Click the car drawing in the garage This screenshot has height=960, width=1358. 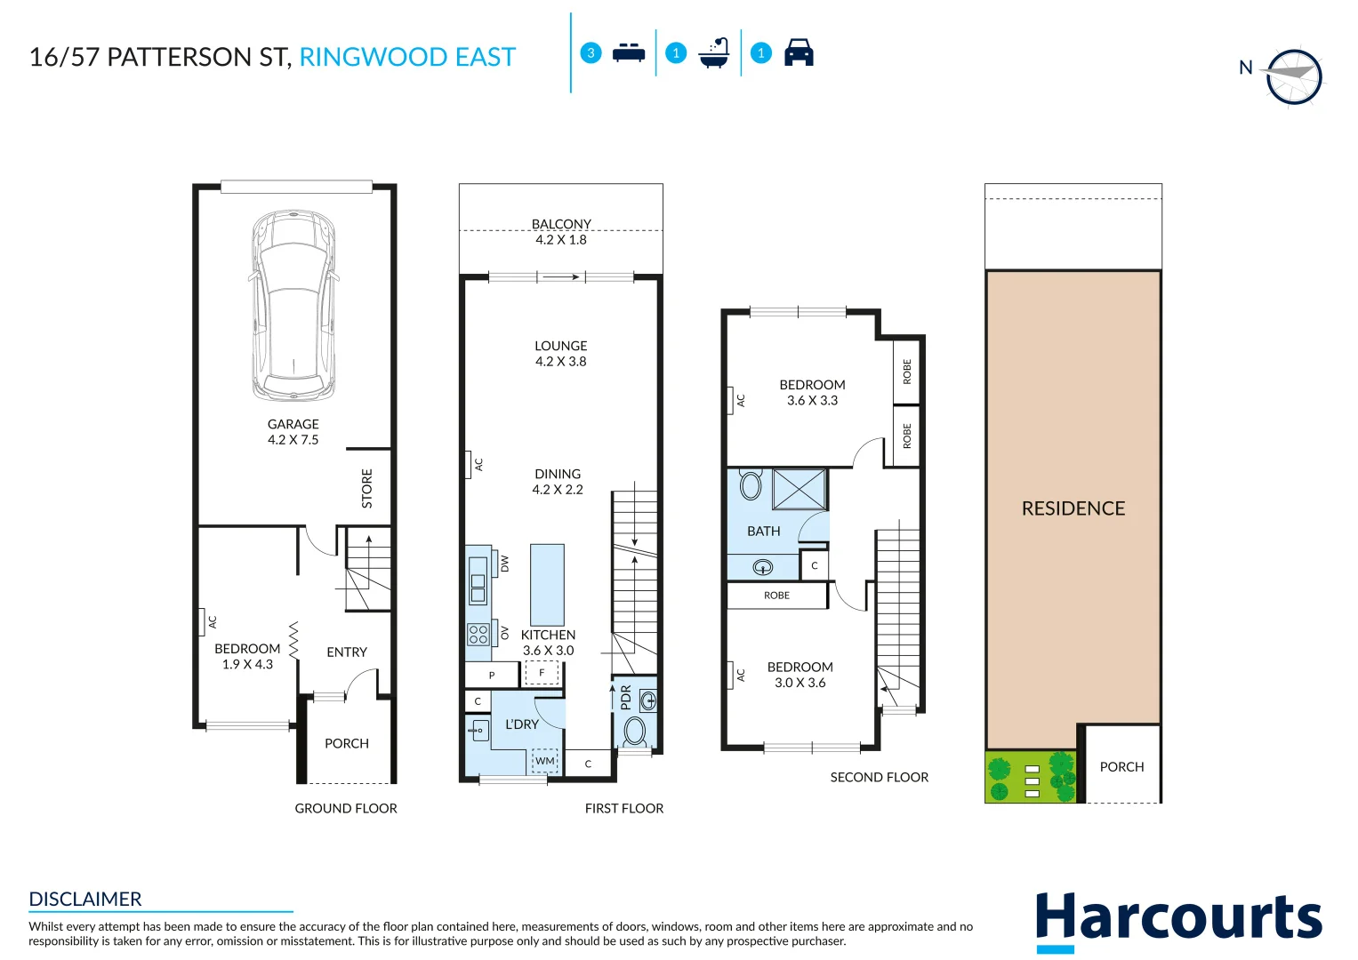coord(293,305)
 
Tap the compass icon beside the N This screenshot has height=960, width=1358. coord(1294,76)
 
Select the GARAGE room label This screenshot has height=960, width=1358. coord(293,425)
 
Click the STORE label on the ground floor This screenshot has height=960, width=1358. coord(367,489)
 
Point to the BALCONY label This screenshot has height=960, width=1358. coord(561,224)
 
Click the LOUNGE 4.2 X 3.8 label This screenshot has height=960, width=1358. coord(560,353)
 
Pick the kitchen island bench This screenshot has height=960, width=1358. coord(547,585)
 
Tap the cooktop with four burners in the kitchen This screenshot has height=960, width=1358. coord(478,634)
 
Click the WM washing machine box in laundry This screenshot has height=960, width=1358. coord(544,761)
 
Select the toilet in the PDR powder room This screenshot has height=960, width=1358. coord(635,732)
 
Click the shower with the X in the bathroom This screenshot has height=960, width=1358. coord(799,489)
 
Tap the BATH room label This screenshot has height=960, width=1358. coord(763,531)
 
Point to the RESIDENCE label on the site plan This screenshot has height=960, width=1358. coord(1073,508)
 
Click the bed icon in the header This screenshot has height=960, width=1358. coord(629,52)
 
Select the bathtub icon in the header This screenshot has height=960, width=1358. coord(714,53)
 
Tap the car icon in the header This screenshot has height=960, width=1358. coord(799,52)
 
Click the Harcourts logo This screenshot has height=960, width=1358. coord(1178,919)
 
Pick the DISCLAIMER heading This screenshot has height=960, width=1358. coord(85,899)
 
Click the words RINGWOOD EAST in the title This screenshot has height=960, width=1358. coord(407,57)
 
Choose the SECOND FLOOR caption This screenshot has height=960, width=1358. coord(879,777)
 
